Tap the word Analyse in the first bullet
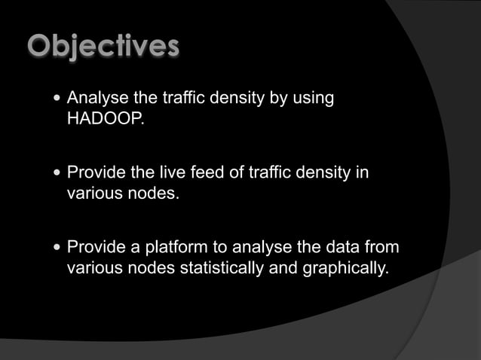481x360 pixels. tap(94, 99)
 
